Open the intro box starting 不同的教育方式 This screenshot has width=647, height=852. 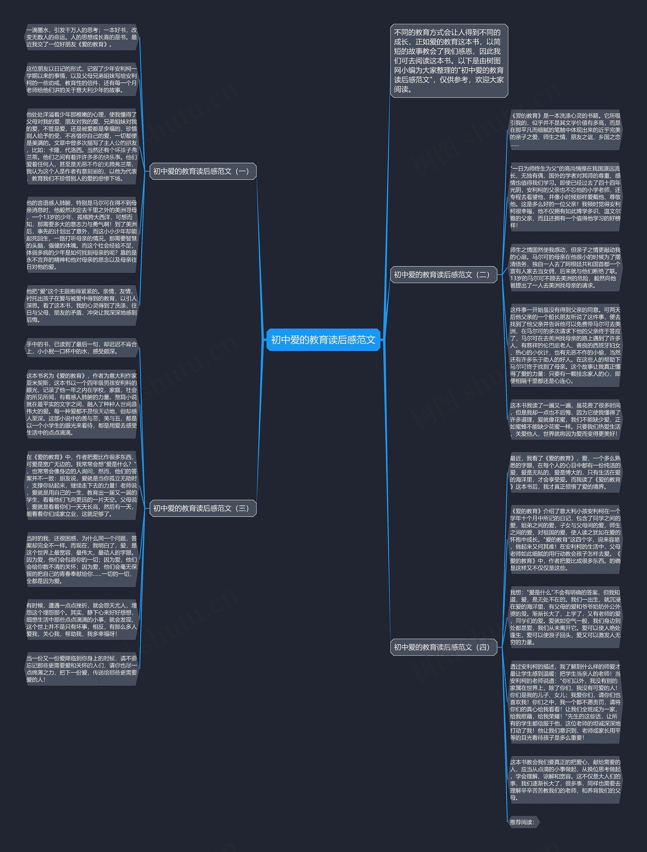(449, 61)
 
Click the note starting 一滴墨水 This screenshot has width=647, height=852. (81, 37)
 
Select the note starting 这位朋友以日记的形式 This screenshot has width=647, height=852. (81, 79)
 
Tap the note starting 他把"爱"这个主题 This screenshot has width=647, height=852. (81, 305)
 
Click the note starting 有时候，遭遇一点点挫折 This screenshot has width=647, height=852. (81, 620)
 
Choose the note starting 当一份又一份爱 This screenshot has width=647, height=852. (81, 669)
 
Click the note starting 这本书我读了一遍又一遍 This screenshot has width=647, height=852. (565, 419)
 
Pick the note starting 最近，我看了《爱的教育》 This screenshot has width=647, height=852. (565, 473)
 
